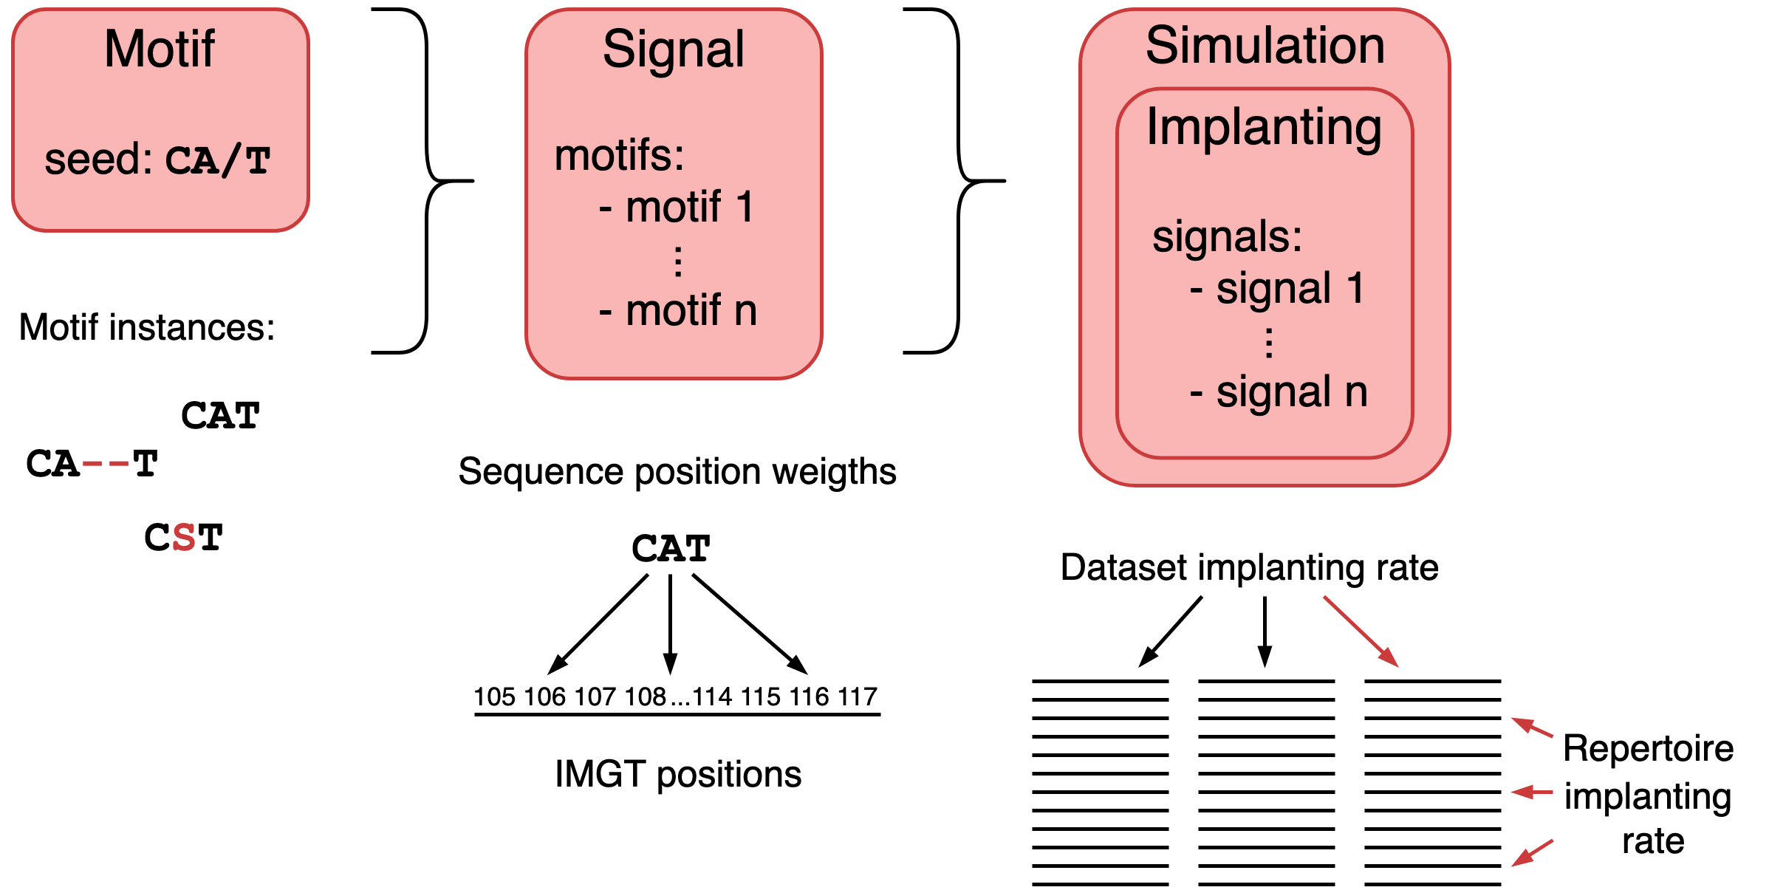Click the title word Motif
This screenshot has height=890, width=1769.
[160, 49]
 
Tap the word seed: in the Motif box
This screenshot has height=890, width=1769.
[98, 160]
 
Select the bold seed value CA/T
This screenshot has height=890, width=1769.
[217, 161]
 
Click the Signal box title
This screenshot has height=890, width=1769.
[673, 49]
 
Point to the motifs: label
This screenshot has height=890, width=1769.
[619, 155]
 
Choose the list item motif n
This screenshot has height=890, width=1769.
[678, 310]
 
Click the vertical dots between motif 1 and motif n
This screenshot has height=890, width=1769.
[678, 261]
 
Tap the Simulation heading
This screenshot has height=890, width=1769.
[1265, 46]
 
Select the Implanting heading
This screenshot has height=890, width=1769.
[1264, 127]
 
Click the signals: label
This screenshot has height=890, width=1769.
[1227, 236]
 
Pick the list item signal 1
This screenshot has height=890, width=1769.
[1277, 287]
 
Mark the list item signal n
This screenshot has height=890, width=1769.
[1279, 391]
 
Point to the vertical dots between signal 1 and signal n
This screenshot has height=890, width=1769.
[1269, 343]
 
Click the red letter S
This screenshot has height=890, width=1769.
[184, 537]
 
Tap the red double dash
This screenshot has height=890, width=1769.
[106, 464]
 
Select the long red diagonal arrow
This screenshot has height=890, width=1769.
[1361, 631]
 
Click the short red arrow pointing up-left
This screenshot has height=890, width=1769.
[1533, 728]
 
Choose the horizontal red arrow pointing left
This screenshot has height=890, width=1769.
[1532, 793]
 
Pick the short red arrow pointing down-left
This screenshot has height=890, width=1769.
[1532, 853]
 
